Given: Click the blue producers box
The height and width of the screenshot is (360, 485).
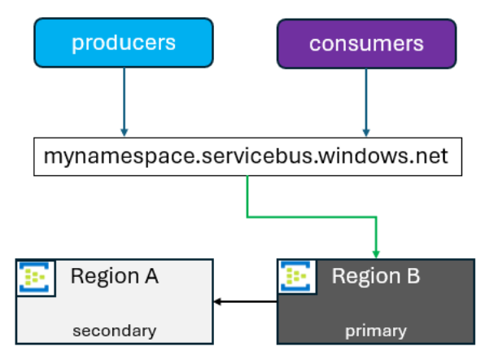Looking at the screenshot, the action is click(124, 42).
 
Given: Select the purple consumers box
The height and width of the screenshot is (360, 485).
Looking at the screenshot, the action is click(366, 44).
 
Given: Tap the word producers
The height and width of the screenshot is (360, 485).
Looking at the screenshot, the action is click(124, 42).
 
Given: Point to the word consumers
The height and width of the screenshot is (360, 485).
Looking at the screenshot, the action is click(366, 44).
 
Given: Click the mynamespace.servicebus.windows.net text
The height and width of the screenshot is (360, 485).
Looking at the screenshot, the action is click(246, 156).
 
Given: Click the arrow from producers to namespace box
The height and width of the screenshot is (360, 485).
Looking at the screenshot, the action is click(125, 102).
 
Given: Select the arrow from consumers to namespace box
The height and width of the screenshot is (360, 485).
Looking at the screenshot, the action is click(366, 103).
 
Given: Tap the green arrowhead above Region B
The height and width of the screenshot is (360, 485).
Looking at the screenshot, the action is click(376, 254).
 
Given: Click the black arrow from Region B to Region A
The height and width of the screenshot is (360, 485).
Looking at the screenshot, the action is click(245, 301).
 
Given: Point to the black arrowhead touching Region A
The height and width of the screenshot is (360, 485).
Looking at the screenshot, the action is click(217, 301).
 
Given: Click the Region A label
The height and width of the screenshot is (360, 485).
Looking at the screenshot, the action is click(115, 276).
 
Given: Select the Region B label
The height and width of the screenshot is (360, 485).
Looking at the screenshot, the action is click(376, 275).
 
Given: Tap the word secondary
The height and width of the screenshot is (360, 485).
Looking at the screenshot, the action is click(115, 331).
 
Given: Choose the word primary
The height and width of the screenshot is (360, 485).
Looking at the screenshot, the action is click(376, 331).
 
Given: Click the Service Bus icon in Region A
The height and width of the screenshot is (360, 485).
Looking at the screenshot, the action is click(36, 278).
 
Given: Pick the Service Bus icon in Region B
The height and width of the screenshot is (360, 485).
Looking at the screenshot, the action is click(295, 276).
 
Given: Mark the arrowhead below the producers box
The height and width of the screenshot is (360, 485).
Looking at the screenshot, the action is click(125, 133).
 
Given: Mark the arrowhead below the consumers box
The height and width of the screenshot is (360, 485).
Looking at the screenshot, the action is click(366, 133).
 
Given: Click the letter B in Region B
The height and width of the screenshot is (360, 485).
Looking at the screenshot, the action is click(413, 275).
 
